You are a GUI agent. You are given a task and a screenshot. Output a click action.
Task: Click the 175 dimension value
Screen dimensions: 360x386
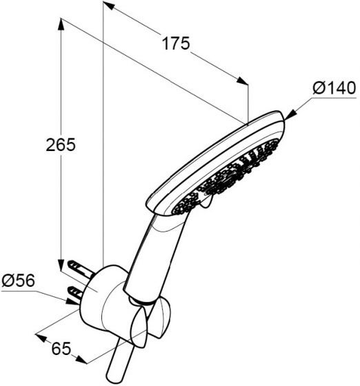(x=176, y=43)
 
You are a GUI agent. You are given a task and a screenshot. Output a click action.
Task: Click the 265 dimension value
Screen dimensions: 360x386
(x=61, y=145)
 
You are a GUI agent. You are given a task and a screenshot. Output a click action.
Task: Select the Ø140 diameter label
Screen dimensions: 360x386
(x=334, y=88)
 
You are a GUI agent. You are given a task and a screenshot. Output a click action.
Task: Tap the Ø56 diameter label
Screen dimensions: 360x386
(x=18, y=281)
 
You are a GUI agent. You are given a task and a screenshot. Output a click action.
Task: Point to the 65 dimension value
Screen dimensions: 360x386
(x=61, y=348)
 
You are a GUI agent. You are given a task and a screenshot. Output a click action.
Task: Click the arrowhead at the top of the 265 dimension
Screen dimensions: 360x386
(x=61, y=25)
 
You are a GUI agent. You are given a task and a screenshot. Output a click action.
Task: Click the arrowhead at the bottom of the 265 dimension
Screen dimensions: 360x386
(x=61, y=265)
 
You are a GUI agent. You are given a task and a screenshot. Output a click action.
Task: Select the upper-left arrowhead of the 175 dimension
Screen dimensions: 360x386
(x=108, y=6)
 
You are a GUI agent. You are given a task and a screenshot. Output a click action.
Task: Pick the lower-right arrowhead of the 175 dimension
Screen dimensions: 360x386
(x=242, y=81)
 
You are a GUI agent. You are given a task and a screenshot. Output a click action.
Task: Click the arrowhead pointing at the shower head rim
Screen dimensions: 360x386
(x=290, y=115)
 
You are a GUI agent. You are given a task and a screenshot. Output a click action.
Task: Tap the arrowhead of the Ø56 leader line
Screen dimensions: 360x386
(x=72, y=302)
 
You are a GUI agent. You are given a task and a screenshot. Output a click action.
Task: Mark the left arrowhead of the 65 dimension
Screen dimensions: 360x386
(x=41, y=337)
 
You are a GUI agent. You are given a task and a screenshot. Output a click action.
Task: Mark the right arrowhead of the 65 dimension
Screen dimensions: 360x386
(x=81, y=360)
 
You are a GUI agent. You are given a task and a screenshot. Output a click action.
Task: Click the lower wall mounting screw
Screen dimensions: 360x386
(x=77, y=293)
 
